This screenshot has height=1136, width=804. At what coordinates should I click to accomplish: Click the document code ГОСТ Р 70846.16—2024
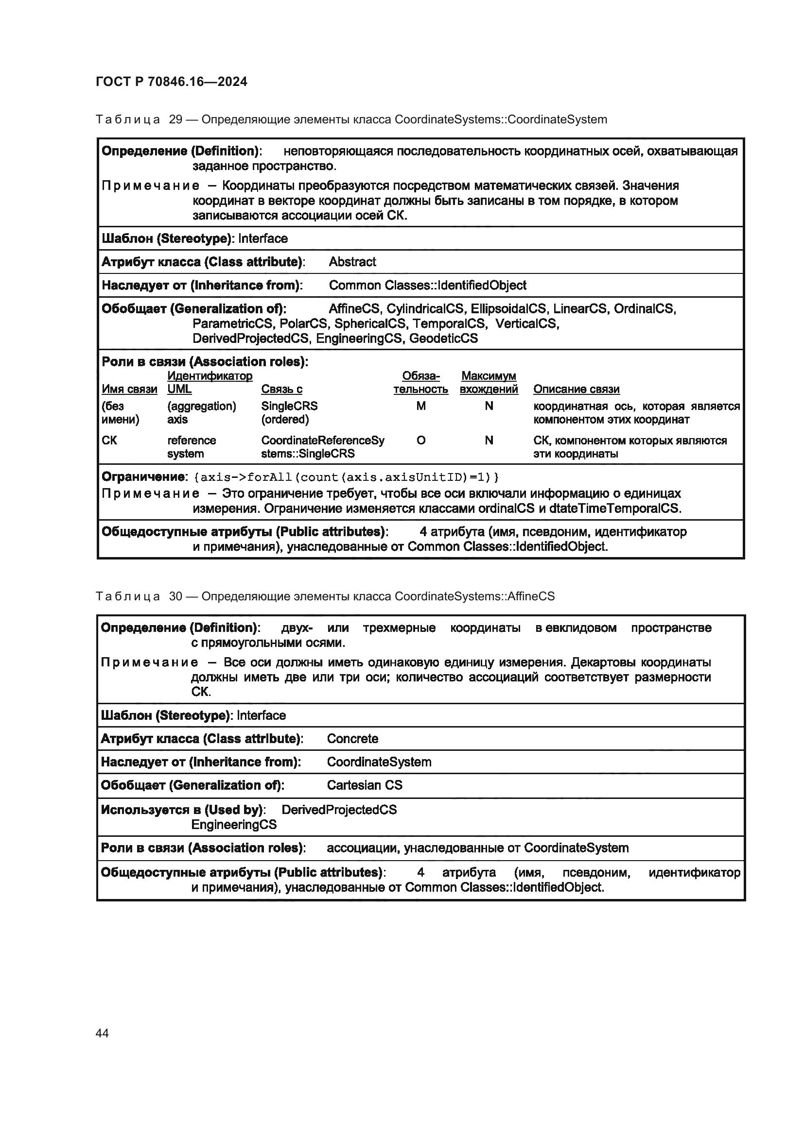click(x=171, y=82)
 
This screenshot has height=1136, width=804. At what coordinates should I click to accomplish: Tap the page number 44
click(x=102, y=1033)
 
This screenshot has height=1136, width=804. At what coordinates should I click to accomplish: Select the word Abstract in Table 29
click(x=352, y=262)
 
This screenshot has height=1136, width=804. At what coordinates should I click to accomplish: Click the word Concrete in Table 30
click(x=352, y=739)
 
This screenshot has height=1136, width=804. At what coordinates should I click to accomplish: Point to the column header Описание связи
click(x=577, y=390)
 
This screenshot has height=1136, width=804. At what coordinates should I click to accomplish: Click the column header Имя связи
click(x=129, y=390)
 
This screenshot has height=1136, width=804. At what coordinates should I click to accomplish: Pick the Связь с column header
click(x=282, y=390)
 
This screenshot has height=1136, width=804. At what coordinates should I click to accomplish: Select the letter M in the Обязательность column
click(x=420, y=406)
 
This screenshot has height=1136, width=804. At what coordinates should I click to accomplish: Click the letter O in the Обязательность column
click(x=420, y=441)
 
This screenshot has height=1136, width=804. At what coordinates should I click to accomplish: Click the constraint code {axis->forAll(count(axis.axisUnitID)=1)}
click(x=347, y=477)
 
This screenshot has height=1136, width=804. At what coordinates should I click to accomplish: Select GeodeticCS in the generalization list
click(x=443, y=339)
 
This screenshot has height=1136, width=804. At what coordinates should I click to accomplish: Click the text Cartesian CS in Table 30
click(x=365, y=785)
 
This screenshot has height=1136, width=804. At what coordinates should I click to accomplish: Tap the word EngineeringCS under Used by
click(x=234, y=825)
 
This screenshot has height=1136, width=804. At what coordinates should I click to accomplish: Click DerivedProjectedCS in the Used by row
click(x=339, y=810)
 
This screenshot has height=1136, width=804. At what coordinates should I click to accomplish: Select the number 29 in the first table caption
click(x=176, y=120)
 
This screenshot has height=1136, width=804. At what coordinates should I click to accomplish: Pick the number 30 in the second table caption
click(x=176, y=597)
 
